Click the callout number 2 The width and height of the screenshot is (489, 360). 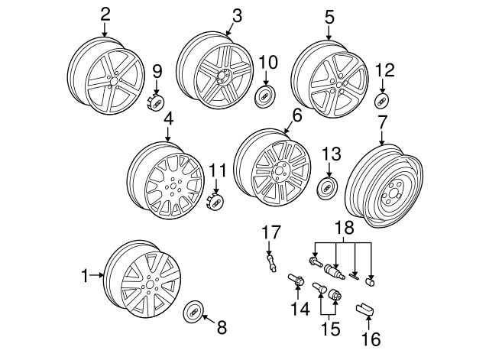[x=105, y=13]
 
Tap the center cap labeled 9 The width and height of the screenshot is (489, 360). [x=156, y=102]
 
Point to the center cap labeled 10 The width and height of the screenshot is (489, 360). [x=267, y=96]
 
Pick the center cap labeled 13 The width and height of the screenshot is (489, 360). [x=328, y=188]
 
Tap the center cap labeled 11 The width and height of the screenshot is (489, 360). [x=216, y=201]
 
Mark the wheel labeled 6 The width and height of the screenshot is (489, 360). [x=272, y=170]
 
